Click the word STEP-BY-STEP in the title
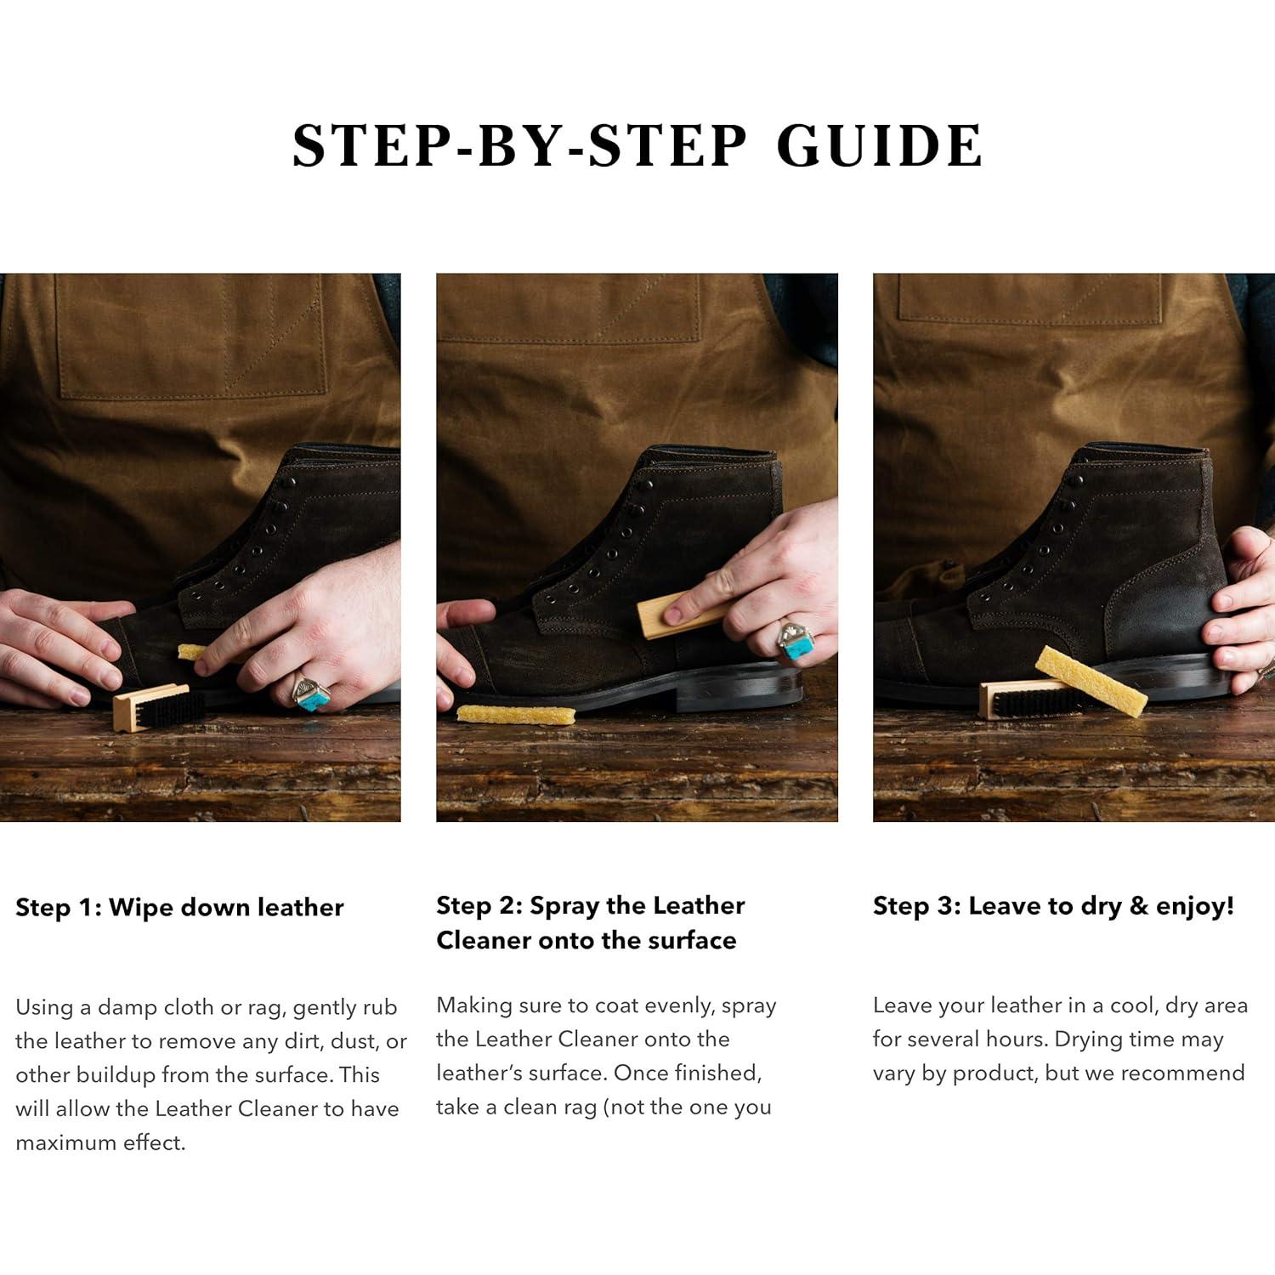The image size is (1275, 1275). pyautogui.click(x=519, y=145)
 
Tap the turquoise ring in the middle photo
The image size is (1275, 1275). pyautogui.click(x=797, y=642)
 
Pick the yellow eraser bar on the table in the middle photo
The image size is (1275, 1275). pyautogui.click(x=516, y=714)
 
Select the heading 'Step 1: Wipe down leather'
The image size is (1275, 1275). pyautogui.click(x=179, y=907)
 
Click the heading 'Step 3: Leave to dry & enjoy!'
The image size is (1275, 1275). pyautogui.click(x=1053, y=905)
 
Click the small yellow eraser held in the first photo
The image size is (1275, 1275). pyautogui.click(x=191, y=652)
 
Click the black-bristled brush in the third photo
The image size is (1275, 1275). pyautogui.click(x=1028, y=700)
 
